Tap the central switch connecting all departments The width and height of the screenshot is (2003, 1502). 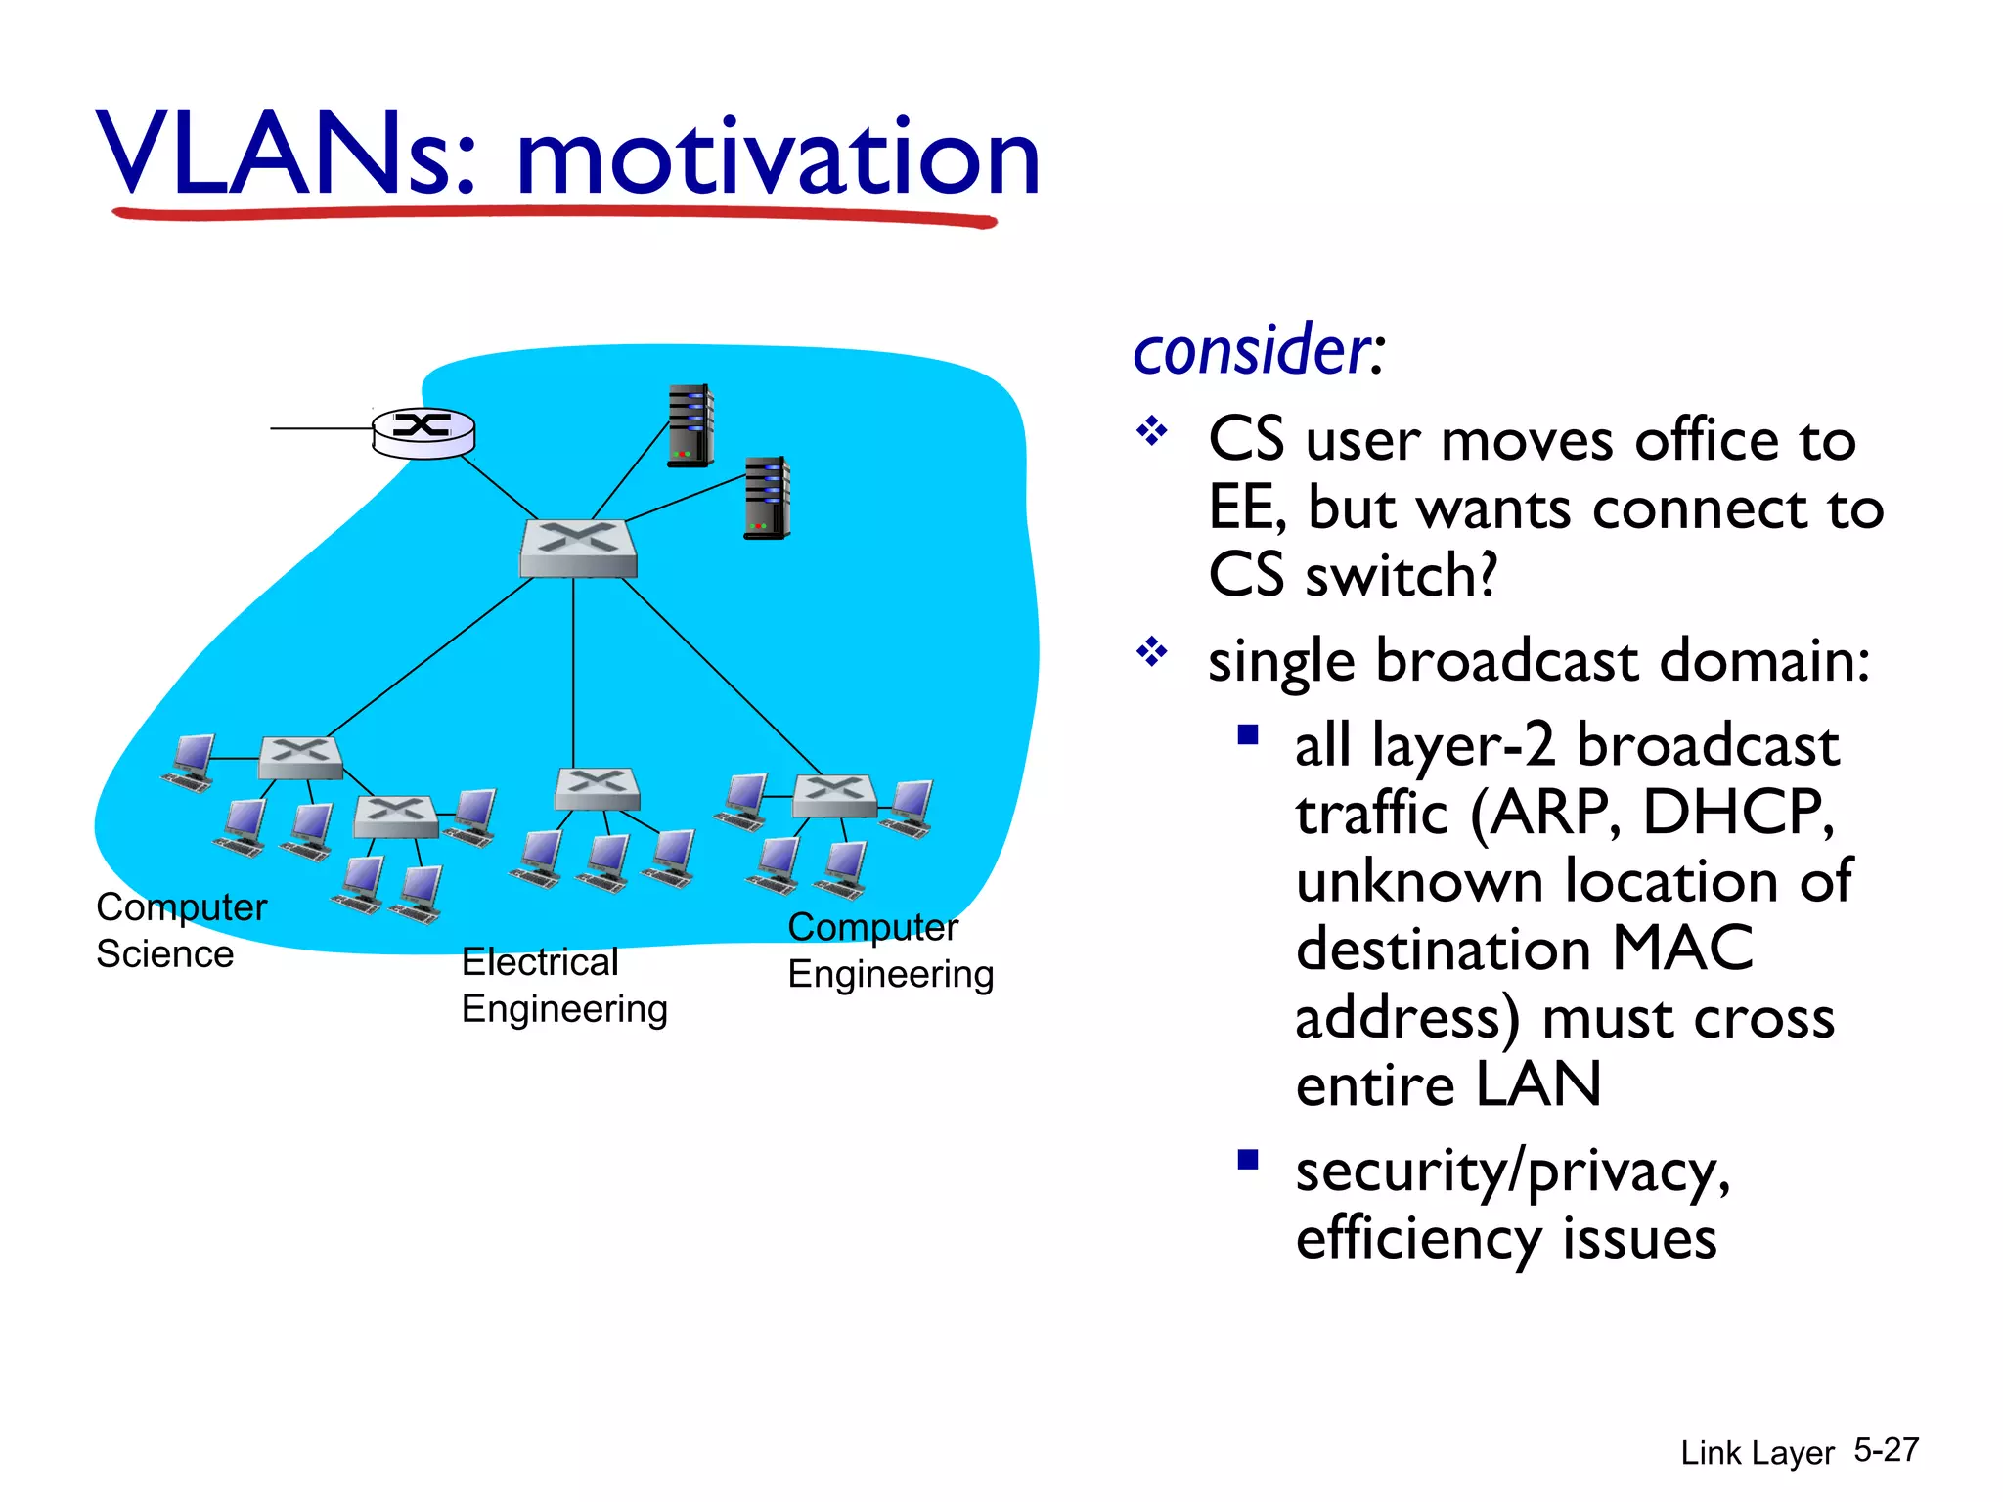point(578,548)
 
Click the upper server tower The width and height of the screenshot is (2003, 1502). point(690,425)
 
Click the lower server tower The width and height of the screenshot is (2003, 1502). point(767,498)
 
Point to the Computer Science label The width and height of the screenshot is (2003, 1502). point(181,930)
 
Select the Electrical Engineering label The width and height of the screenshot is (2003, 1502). point(564,985)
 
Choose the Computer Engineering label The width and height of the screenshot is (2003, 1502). point(890,950)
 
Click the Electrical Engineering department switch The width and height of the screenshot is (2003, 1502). point(597,788)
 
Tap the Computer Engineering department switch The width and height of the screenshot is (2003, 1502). point(834,795)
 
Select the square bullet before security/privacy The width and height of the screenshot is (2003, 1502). point(1247,1160)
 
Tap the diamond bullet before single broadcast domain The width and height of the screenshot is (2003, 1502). point(1152,651)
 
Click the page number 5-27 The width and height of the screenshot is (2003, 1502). point(1886,1449)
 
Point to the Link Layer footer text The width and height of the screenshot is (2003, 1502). point(1757,1453)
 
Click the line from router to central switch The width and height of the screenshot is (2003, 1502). point(499,487)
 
